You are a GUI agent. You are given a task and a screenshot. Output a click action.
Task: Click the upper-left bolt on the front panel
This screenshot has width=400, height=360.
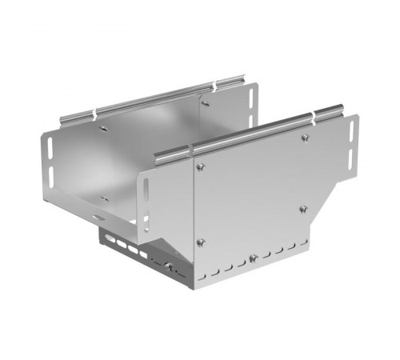coord(200,166)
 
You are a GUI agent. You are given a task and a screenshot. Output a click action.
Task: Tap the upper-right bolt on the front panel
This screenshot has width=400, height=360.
coord(305,138)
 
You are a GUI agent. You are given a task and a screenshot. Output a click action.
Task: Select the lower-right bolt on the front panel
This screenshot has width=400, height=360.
coord(302,209)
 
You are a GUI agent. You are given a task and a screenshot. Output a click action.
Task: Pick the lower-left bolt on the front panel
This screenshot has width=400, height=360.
coord(200,242)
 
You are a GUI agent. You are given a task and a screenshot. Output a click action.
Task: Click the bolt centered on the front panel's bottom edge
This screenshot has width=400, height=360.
coord(253,257)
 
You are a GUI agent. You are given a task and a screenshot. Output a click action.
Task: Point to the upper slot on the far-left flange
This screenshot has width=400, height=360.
coord(48,148)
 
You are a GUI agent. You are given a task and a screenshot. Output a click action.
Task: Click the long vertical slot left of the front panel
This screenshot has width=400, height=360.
coord(146,194)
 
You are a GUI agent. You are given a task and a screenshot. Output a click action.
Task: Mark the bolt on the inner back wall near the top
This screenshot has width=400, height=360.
coord(206,102)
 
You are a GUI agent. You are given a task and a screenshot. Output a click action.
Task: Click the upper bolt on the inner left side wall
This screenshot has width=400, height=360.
coord(103,128)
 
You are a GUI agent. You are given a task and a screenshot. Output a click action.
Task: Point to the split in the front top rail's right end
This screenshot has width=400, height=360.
coord(313,118)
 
